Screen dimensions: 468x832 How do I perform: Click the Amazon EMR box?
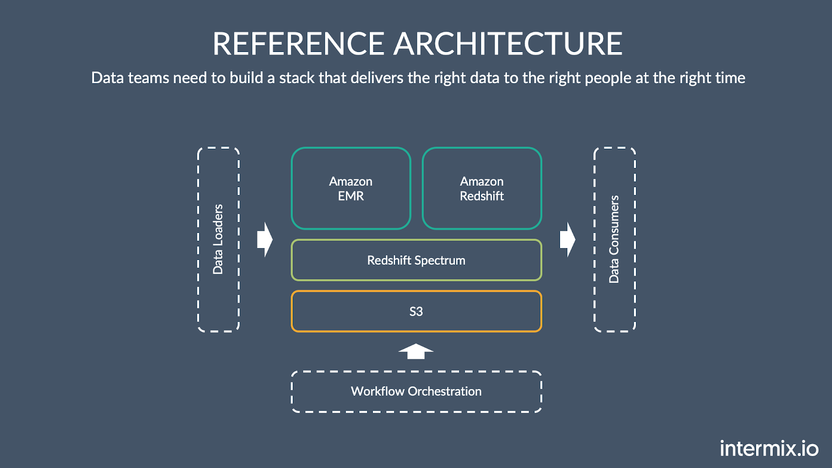click(x=351, y=188)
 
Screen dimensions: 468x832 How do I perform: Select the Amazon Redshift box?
click(x=482, y=188)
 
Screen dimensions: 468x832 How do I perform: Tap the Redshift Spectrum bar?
click(x=416, y=260)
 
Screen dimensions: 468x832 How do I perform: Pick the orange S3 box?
click(x=416, y=311)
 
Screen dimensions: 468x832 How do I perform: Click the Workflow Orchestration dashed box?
click(x=416, y=392)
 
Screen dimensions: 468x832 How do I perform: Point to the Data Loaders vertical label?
click(x=218, y=239)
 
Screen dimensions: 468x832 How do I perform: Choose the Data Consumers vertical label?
click(x=614, y=239)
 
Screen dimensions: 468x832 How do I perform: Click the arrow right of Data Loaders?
click(x=265, y=240)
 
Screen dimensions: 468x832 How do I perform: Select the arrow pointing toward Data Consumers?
click(x=567, y=240)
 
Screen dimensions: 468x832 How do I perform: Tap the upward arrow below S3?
click(x=415, y=352)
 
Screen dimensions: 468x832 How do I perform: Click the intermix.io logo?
click(x=769, y=448)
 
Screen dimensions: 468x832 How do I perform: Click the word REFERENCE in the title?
click(x=298, y=44)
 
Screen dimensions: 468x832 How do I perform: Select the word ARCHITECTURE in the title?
click(x=508, y=44)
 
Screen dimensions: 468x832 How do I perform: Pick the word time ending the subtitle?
click(x=730, y=78)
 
